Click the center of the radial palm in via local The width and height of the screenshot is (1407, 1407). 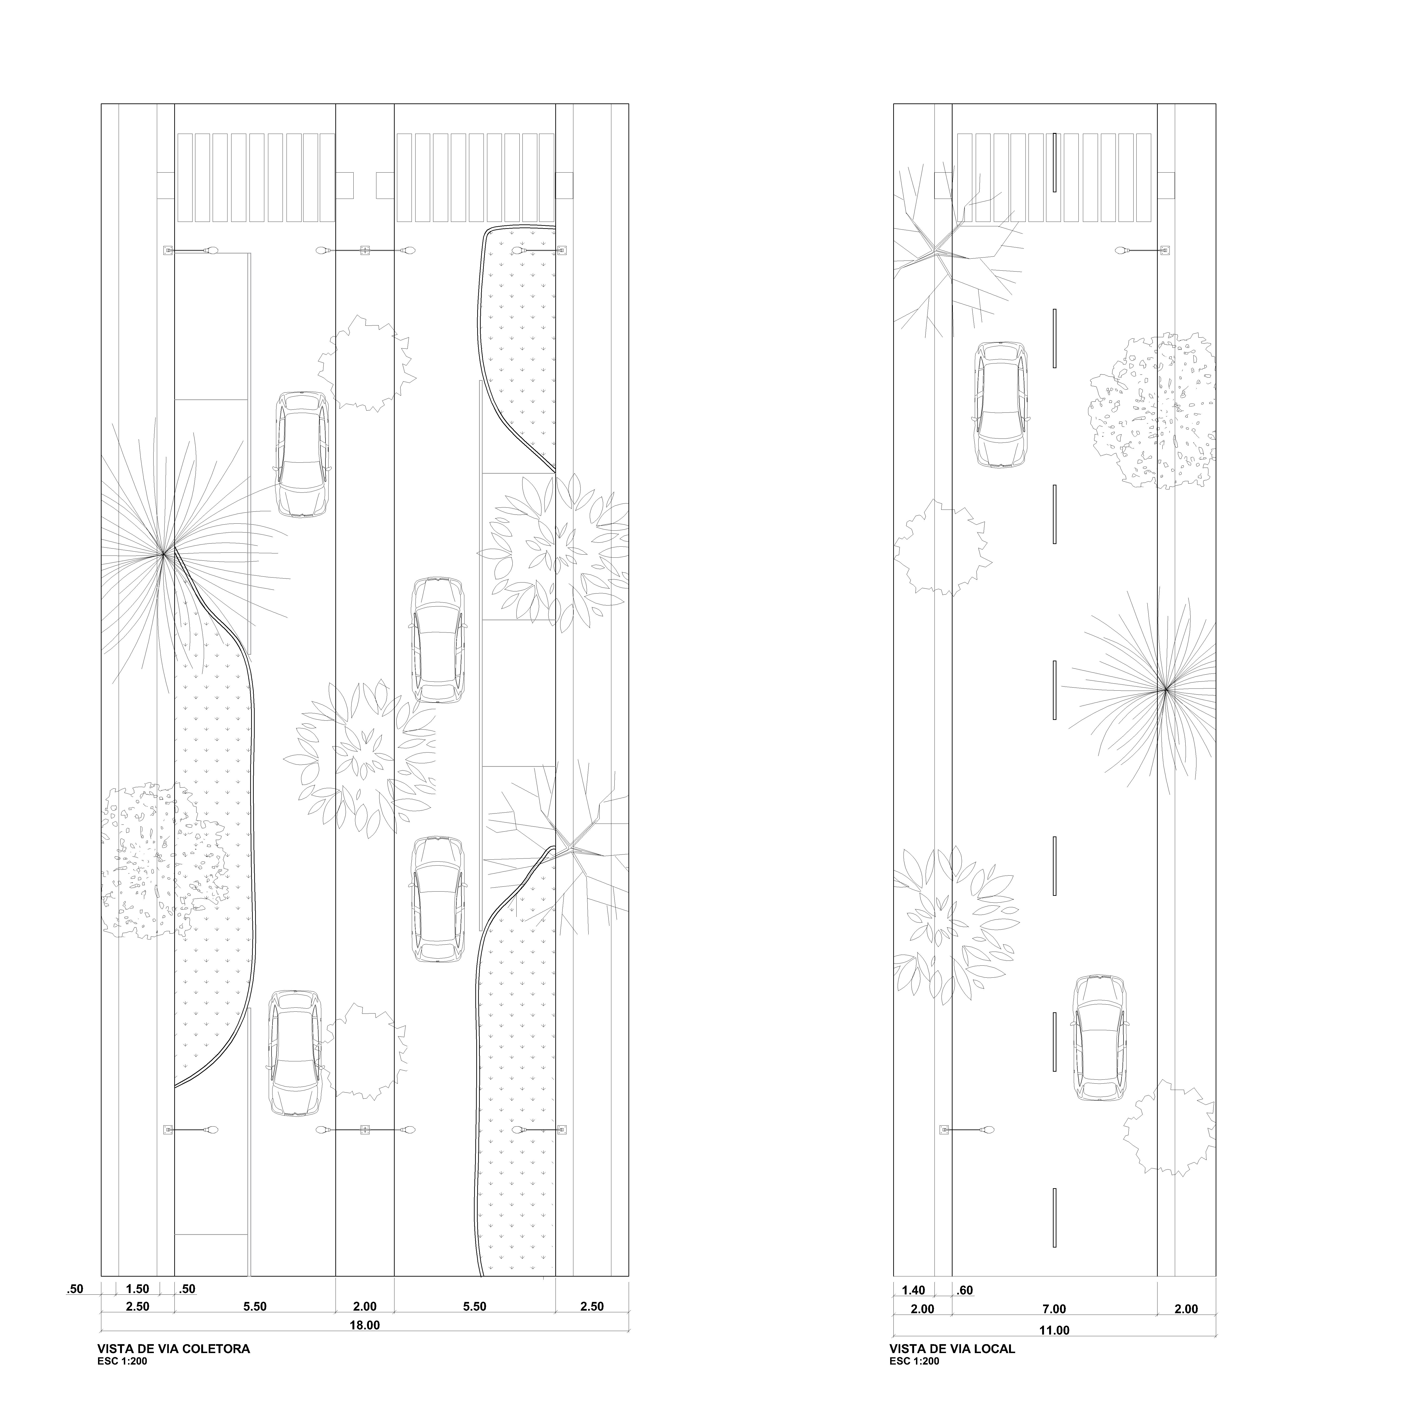tap(1165, 688)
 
